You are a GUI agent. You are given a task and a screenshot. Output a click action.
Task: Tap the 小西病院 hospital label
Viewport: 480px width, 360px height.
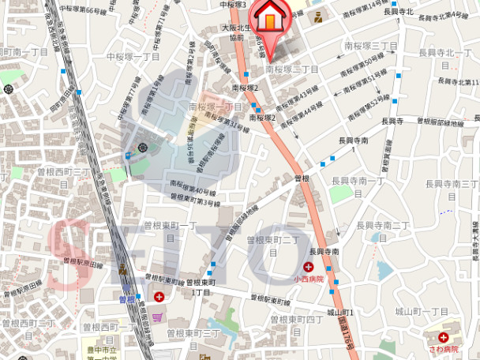click(308, 279)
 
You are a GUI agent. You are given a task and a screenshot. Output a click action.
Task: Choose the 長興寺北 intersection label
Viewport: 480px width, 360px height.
click(399, 11)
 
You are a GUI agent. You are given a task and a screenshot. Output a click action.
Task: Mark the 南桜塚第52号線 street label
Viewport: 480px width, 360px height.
click(370, 99)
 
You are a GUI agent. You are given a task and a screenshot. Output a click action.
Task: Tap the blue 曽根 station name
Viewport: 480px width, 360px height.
click(127, 300)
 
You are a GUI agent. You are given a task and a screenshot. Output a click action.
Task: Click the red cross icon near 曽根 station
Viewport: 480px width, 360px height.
click(160, 297)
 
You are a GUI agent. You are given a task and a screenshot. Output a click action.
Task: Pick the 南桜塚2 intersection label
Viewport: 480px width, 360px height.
click(264, 118)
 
